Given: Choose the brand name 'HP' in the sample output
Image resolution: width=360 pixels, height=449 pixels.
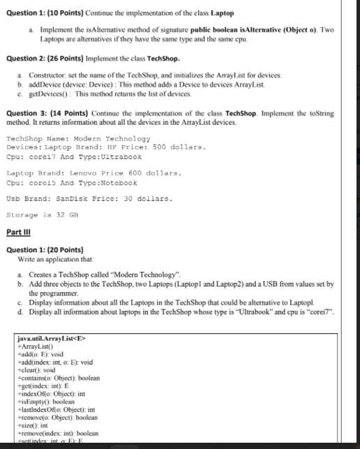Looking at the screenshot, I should click(123, 147).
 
